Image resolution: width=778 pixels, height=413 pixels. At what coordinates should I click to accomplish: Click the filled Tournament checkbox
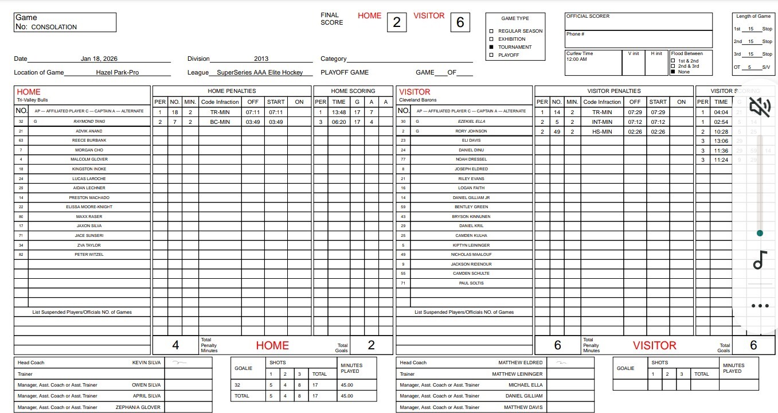pos(491,47)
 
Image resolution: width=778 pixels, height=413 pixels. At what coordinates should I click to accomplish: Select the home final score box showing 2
pos(397,22)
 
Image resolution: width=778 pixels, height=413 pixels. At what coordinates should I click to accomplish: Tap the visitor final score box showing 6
pos(460,22)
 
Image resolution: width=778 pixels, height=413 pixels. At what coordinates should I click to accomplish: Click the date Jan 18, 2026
pos(99,59)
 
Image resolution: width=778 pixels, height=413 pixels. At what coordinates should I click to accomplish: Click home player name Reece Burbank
pos(89,140)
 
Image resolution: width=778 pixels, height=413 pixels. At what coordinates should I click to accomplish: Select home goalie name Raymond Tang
pos(89,122)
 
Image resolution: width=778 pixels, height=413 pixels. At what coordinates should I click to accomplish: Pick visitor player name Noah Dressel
pos(471,159)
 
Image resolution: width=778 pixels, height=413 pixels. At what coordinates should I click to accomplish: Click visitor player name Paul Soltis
pos(471,283)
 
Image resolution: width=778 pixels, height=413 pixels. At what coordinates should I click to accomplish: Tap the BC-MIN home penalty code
pos(220,122)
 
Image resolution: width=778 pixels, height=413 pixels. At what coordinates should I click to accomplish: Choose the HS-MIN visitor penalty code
pos(602,131)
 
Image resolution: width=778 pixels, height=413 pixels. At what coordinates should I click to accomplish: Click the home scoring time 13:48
pos(339,112)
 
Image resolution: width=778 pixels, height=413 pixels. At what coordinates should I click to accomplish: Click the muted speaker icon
pos(760,106)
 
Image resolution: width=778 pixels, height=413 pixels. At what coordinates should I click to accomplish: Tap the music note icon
pos(760,260)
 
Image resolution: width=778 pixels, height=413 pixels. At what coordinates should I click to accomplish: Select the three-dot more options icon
pos(760,306)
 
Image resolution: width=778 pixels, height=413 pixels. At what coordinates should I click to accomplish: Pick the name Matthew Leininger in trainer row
pos(517,374)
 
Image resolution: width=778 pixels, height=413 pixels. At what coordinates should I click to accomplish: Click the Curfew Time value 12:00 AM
pos(576,60)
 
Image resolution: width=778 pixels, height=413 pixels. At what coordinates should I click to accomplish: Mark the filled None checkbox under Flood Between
pos(673,72)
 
